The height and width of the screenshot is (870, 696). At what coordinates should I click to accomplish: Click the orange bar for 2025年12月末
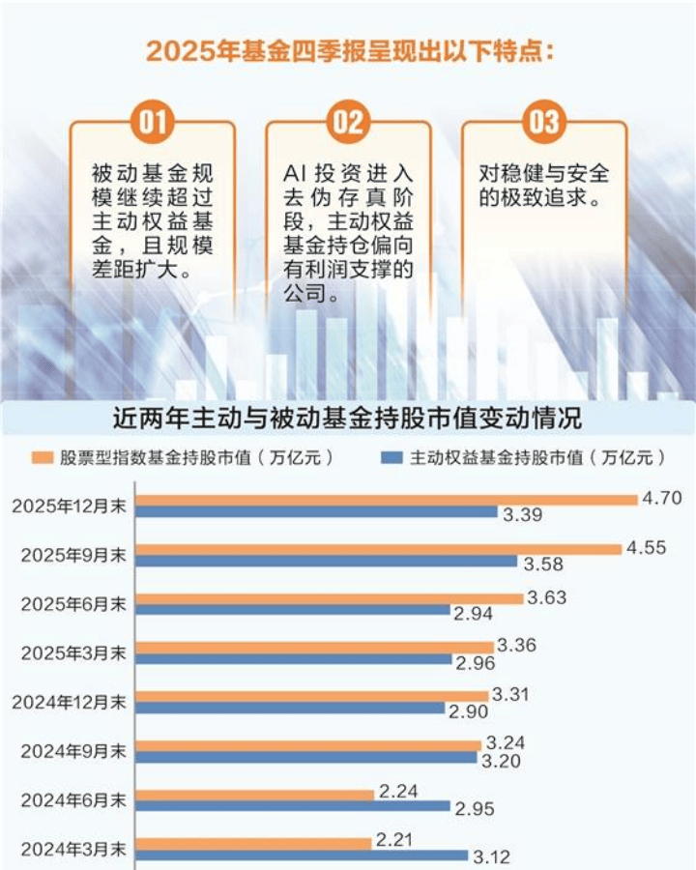387,500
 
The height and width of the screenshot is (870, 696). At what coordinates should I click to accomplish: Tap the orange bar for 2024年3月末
253,843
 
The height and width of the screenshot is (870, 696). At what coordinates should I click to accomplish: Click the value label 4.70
662,499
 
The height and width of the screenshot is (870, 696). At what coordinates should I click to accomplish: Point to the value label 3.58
542,564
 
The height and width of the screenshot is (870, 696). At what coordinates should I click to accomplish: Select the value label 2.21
395,841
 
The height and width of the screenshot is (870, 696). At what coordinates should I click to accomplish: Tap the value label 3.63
547,597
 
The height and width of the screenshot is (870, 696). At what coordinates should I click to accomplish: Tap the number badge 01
153,122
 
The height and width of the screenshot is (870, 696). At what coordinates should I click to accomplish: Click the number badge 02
348,122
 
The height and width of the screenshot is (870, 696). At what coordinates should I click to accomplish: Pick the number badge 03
544,122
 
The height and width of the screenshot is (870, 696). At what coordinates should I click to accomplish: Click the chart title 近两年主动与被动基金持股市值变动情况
347,420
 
